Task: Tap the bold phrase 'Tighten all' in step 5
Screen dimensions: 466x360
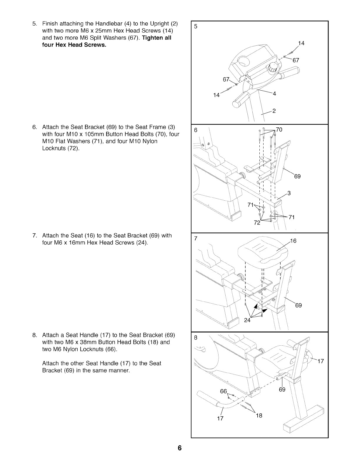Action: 156,38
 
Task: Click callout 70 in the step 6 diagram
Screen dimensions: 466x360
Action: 279,129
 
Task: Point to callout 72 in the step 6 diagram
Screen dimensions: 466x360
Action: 257,223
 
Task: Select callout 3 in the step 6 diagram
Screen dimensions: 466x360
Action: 289,193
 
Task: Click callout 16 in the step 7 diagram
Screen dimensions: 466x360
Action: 293,241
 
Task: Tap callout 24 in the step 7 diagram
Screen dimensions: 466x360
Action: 247,320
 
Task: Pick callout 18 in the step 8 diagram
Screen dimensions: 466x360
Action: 259,415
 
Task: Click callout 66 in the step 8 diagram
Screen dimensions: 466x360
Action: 224,391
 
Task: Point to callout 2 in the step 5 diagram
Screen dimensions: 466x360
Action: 274,111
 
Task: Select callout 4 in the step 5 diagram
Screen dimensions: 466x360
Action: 274,94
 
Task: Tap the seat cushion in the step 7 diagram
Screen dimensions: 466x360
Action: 262,250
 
